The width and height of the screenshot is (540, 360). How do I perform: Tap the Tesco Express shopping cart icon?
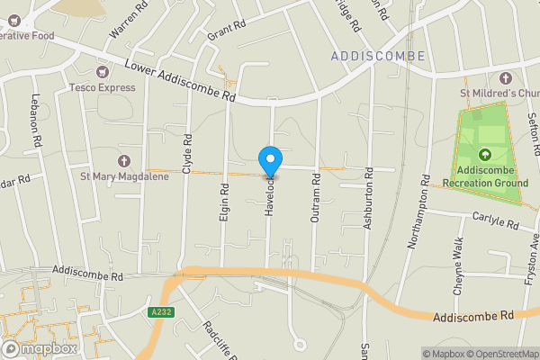[102, 71]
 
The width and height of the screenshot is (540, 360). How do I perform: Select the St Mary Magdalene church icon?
[123, 161]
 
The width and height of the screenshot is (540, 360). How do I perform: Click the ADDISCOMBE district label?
[377, 56]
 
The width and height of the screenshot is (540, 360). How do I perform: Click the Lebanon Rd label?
[37, 121]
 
